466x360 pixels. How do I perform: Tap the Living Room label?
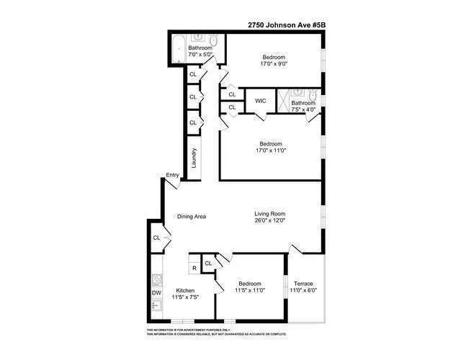click(x=270, y=213)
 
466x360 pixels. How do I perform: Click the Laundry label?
click(x=194, y=156)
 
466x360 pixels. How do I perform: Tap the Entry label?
click(x=172, y=175)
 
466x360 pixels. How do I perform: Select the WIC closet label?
click(x=261, y=102)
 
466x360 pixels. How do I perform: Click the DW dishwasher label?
click(x=156, y=293)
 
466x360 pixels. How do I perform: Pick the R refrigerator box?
click(x=194, y=268)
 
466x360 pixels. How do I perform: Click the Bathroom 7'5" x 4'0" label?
click(x=303, y=107)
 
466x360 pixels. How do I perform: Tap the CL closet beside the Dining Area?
click(x=156, y=238)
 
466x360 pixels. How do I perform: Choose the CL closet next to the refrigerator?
click(x=208, y=264)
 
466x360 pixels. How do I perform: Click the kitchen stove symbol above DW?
click(x=156, y=277)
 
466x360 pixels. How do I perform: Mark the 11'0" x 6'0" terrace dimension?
click(x=303, y=290)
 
